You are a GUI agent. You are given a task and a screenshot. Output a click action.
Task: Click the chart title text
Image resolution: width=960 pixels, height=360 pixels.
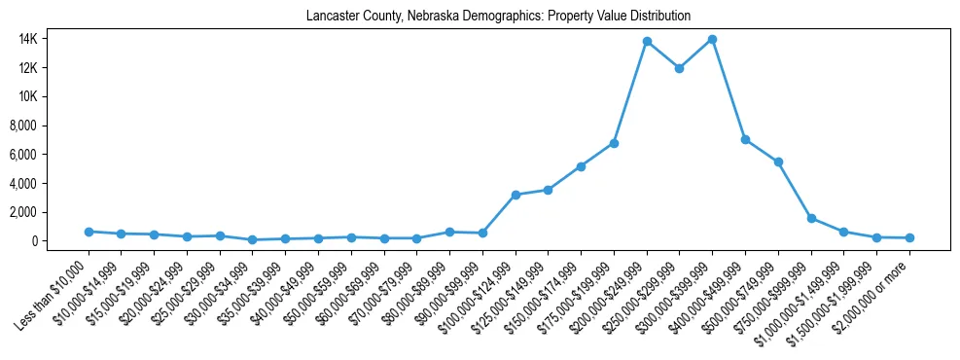click(x=498, y=17)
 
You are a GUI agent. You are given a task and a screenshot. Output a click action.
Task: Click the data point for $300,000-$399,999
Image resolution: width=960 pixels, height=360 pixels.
click(x=712, y=40)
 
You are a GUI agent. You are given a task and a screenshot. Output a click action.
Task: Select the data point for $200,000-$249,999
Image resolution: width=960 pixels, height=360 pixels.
click(x=647, y=42)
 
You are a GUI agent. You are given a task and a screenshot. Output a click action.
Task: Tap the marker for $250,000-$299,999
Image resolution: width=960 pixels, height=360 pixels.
click(x=679, y=68)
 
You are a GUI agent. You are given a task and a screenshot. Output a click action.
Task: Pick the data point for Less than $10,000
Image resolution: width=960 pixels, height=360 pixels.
click(x=89, y=232)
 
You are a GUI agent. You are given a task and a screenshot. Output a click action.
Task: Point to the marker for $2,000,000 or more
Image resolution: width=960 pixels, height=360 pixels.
click(x=909, y=237)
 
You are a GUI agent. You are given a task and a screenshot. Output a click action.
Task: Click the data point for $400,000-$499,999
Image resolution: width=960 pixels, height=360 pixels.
click(x=745, y=140)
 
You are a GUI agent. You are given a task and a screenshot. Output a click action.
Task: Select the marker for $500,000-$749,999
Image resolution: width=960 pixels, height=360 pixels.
click(x=778, y=162)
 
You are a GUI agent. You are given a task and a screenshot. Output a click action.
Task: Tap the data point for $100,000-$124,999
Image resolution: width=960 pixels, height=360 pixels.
click(x=516, y=195)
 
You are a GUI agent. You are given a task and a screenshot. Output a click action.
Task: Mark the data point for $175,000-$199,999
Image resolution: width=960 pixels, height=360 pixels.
click(x=614, y=143)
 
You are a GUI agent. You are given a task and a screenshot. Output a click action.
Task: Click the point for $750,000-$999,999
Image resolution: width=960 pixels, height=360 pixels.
click(x=811, y=218)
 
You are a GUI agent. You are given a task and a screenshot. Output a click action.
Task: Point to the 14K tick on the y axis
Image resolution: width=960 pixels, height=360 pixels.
click(x=53, y=39)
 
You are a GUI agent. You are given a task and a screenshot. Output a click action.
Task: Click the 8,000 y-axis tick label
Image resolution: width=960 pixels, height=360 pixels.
click(x=49, y=126)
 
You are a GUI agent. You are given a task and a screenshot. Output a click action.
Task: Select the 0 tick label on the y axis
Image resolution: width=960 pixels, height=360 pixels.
click(x=60, y=240)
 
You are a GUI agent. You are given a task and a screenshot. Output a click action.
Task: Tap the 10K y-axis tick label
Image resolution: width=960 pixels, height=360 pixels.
click(x=53, y=96)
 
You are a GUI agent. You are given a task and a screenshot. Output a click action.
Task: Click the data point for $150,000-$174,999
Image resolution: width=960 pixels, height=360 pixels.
click(x=581, y=166)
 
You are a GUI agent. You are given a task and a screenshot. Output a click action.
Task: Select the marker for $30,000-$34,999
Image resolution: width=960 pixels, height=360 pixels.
click(x=253, y=239)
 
